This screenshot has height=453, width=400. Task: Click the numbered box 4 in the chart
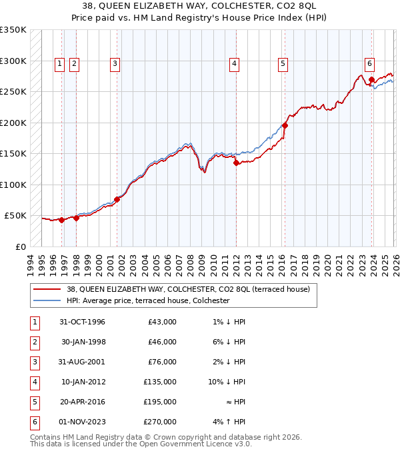(235, 64)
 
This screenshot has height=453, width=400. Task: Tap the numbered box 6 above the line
(369, 64)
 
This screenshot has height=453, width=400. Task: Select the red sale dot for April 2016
(285, 125)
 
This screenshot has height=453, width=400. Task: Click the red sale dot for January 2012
(236, 163)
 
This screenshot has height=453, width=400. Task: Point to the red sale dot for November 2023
(371, 79)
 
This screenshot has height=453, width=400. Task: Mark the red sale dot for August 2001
(117, 199)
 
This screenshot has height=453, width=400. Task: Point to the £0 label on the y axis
(20, 246)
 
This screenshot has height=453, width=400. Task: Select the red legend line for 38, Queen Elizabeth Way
(47, 289)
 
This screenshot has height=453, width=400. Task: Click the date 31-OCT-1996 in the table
(83, 322)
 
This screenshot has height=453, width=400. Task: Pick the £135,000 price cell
(160, 382)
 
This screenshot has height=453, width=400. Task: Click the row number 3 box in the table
(34, 362)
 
